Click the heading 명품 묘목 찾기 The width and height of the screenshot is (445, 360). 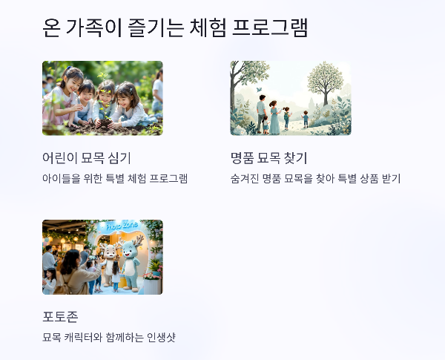coord(268,157)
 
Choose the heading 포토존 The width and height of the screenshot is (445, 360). coord(60,317)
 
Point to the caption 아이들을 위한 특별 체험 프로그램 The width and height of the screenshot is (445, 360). coord(115,179)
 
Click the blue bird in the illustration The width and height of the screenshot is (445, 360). coord(259,90)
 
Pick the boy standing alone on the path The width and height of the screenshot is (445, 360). coord(305,118)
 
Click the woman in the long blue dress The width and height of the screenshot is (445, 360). coord(274,117)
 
